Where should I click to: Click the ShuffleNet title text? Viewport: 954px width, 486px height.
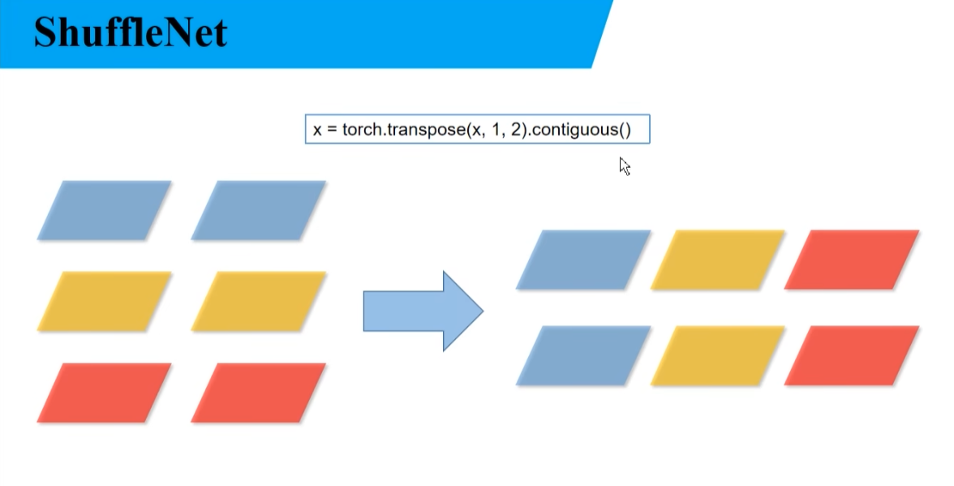tap(131, 32)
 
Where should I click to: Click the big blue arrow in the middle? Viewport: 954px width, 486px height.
tap(423, 311)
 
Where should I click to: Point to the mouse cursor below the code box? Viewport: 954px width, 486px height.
tap(624, 166)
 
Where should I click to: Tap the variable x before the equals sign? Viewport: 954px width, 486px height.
tap(317, 130)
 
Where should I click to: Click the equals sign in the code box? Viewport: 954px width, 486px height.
tap(332, 130)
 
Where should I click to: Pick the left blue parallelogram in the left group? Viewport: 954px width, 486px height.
tap(104, 210)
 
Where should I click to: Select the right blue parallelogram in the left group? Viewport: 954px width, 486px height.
tap(258, 210)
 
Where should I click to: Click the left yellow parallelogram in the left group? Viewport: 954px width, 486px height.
tap(104, 301)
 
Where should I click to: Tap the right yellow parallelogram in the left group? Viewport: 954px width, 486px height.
tap(258, 301)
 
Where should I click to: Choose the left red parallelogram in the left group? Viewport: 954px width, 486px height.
tap(104, 392)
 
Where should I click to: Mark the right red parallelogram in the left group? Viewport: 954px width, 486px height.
tap(258, 392)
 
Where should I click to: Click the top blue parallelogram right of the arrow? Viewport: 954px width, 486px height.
tap(583, 260)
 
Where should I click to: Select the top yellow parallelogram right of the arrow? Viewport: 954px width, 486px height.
tap(718, 260)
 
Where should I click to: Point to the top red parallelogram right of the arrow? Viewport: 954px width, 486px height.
tap(852, 260)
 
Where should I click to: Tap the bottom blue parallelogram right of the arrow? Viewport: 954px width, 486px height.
tap(583, 355)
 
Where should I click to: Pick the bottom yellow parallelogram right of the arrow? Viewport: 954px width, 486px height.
tap(718, 355)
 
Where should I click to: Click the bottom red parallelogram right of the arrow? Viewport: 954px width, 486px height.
tap(852, 355)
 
